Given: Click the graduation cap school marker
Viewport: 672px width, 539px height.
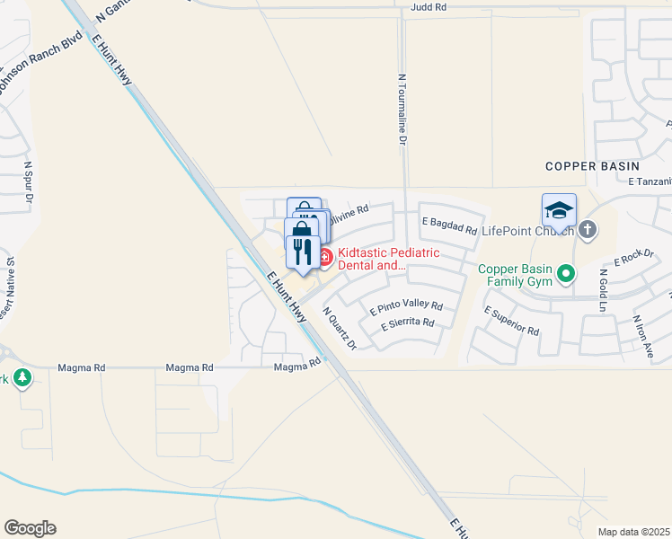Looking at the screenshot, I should pos(559,212).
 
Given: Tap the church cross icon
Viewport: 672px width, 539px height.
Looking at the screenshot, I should pos(588,230).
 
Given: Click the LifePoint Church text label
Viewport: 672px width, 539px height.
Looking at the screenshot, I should pos(527,231).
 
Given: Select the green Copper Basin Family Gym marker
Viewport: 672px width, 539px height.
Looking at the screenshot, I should pos(565,272).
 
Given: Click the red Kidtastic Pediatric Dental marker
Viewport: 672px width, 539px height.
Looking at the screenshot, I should pos(324,259).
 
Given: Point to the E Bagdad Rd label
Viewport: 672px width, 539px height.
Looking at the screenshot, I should pos(449,225).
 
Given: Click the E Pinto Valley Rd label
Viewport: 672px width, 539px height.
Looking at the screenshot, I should pos(406,307).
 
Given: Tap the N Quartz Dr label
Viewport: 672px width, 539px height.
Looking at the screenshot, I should pos(340,328).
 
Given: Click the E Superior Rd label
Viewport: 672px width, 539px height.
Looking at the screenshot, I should pos(511,321).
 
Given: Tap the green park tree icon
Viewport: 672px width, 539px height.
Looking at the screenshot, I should pos(22,378).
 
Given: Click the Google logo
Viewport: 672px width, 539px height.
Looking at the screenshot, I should pos(30,528).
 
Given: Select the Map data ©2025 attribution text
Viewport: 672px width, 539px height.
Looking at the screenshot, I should pos(633,532).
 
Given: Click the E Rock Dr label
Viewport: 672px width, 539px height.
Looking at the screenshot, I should pos(634,259).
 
